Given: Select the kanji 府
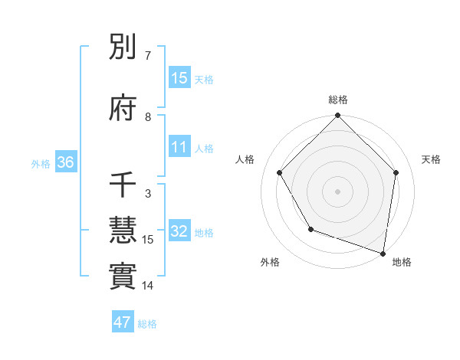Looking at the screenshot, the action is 123,109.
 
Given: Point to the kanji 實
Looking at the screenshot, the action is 123,277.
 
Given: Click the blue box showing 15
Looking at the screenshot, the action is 179,77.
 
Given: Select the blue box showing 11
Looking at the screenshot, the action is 179,147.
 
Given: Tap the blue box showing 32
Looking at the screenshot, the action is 179,231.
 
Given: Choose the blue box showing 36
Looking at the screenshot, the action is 65,162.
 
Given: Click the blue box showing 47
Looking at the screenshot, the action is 123,322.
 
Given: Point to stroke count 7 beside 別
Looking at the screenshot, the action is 148,56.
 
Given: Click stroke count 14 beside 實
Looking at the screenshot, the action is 148,286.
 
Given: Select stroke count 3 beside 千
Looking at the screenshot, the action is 148,194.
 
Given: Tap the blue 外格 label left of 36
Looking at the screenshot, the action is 41,163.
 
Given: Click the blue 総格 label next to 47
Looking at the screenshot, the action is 147,324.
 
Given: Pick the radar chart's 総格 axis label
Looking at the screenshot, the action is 338,100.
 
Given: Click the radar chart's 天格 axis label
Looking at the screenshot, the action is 432,159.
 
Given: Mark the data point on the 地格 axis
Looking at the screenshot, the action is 383,253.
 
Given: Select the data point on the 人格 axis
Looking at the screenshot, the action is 280,172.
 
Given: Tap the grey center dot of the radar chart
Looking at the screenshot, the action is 338,191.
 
